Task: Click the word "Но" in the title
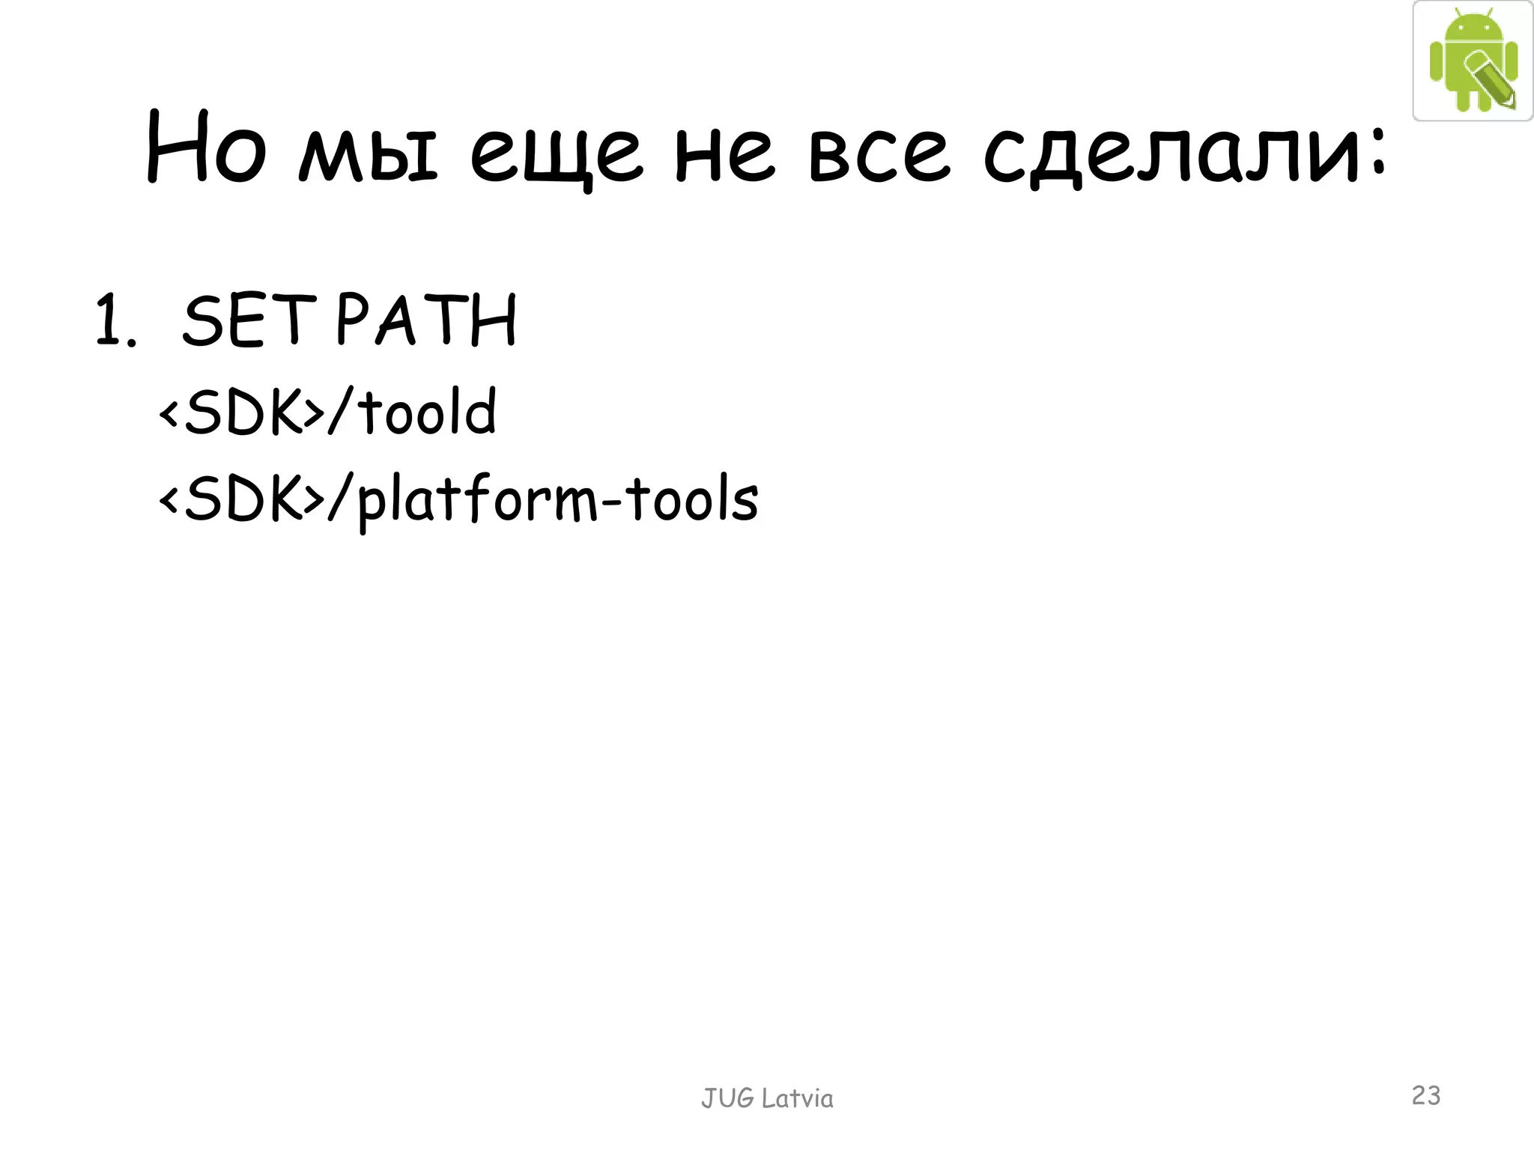205,147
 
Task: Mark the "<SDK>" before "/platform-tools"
241,499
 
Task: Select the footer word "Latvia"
797,1098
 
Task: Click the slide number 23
1426,1095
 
